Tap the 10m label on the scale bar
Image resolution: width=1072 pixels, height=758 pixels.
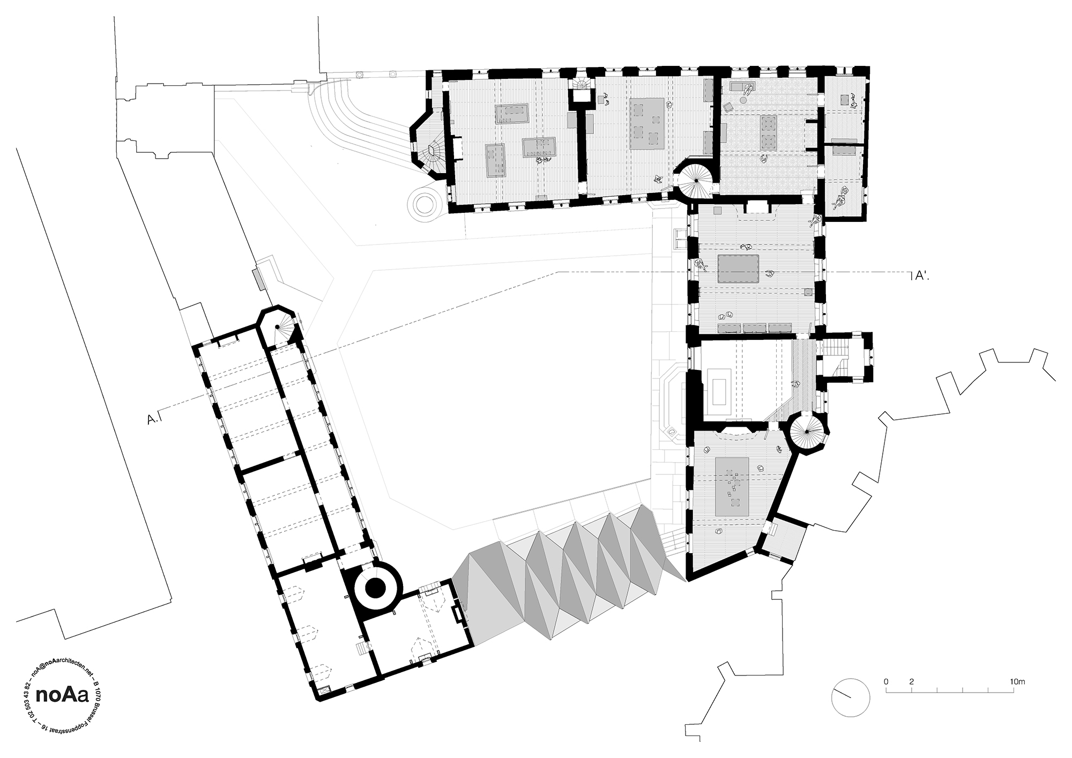click(1017, 682)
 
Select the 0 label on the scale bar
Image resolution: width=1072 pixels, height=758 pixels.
click(886, 682)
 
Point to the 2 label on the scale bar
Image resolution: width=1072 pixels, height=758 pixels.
click(911, 682)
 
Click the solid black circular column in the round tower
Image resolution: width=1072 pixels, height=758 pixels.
click(375, 588)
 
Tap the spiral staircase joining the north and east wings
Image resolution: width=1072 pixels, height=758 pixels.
click(696, 182)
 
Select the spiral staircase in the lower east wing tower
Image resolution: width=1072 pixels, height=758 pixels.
click(807, 432)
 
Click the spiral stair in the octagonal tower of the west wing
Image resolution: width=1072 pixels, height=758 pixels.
click(279, 329)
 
